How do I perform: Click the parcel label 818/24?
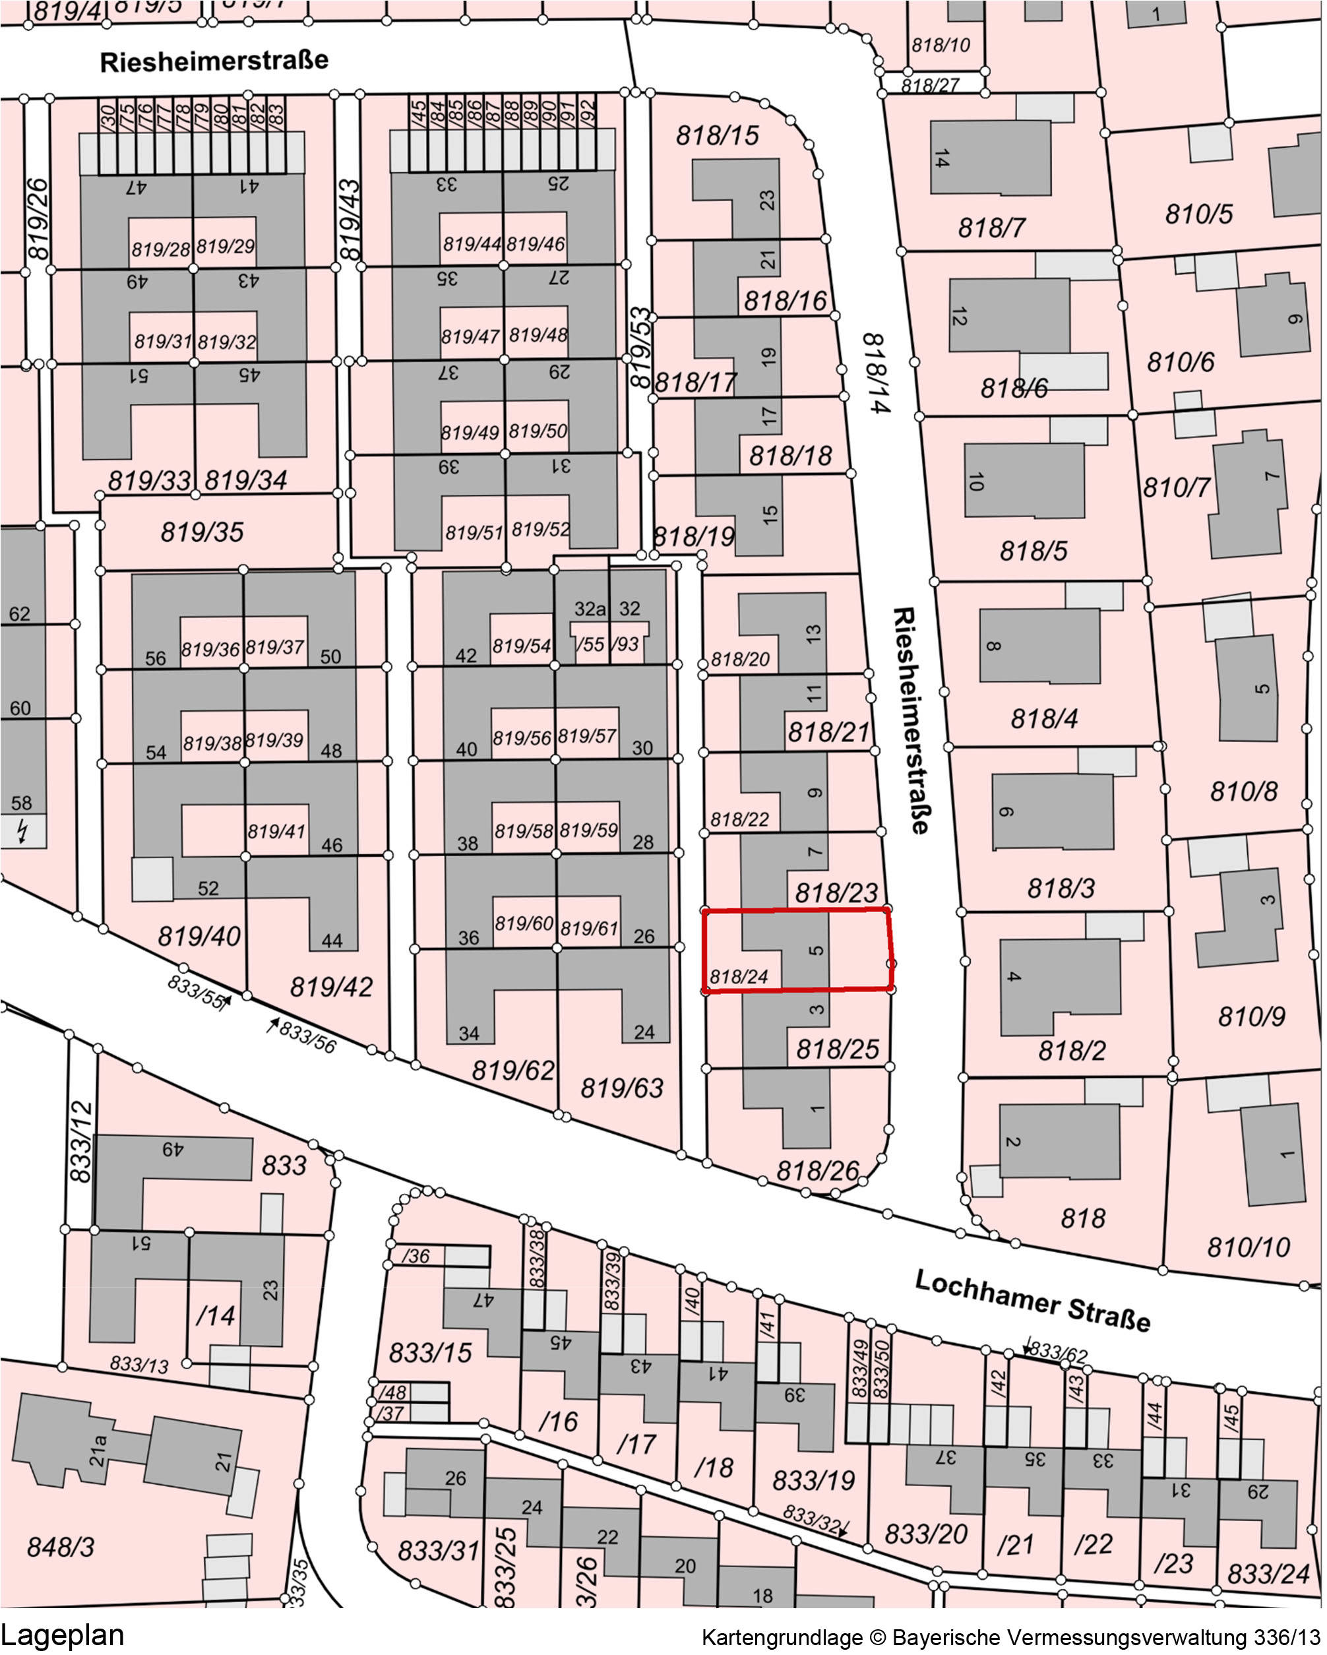pyautogui.click(x=738, y=976)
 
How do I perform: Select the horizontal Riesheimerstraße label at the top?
pyautogui.click(x=214, y=61)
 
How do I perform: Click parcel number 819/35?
pyautogui.click(x=202, y=532)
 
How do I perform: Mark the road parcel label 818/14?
pyautogui.click(x=876, y=373)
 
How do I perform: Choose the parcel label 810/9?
pyautogui.click(x=1251, y=1016)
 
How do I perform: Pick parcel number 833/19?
pyautogui.click(x=813, y=1480)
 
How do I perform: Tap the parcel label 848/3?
pyautogui.click(x=61, y=1547)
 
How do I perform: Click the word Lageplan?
pyautogui.click(x=62, y=1635)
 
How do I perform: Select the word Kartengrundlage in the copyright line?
pyautogui.click(x=782, y=1638)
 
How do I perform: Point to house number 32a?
pyautogui.click(x=590, y=609)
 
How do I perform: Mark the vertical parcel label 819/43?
pyautogui.click(x=349, y=220)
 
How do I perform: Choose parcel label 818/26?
pyautogui.click(x=817, y=1171)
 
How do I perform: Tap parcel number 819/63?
pyautogui.click(x=622, y=1088)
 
